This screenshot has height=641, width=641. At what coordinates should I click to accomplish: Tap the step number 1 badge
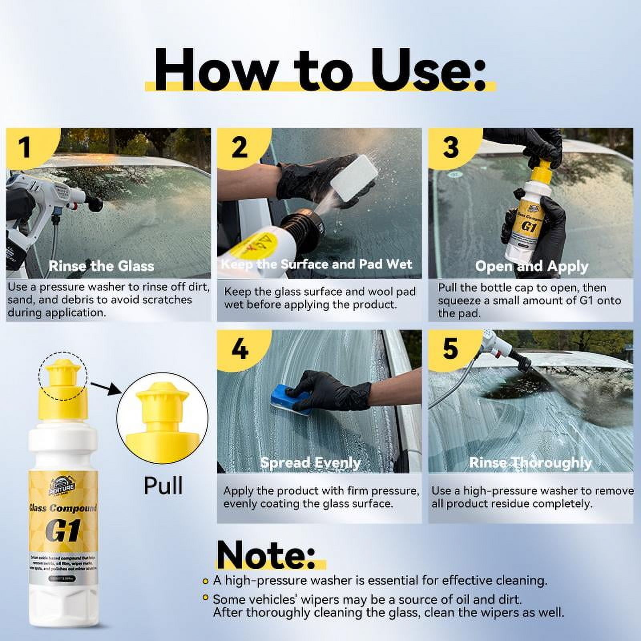25,147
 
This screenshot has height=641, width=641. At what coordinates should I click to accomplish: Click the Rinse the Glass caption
101,266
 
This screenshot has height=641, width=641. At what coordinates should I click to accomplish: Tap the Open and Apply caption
531,266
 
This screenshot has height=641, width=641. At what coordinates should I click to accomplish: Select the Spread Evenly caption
310,463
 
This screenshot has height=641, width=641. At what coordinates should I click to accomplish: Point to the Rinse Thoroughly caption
530,463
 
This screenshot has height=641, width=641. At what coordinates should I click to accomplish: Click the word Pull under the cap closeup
163,486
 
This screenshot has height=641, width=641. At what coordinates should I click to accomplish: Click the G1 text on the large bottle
63,531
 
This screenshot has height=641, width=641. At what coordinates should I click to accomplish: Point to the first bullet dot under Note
206,581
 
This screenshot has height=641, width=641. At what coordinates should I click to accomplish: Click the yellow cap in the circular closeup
162,417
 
